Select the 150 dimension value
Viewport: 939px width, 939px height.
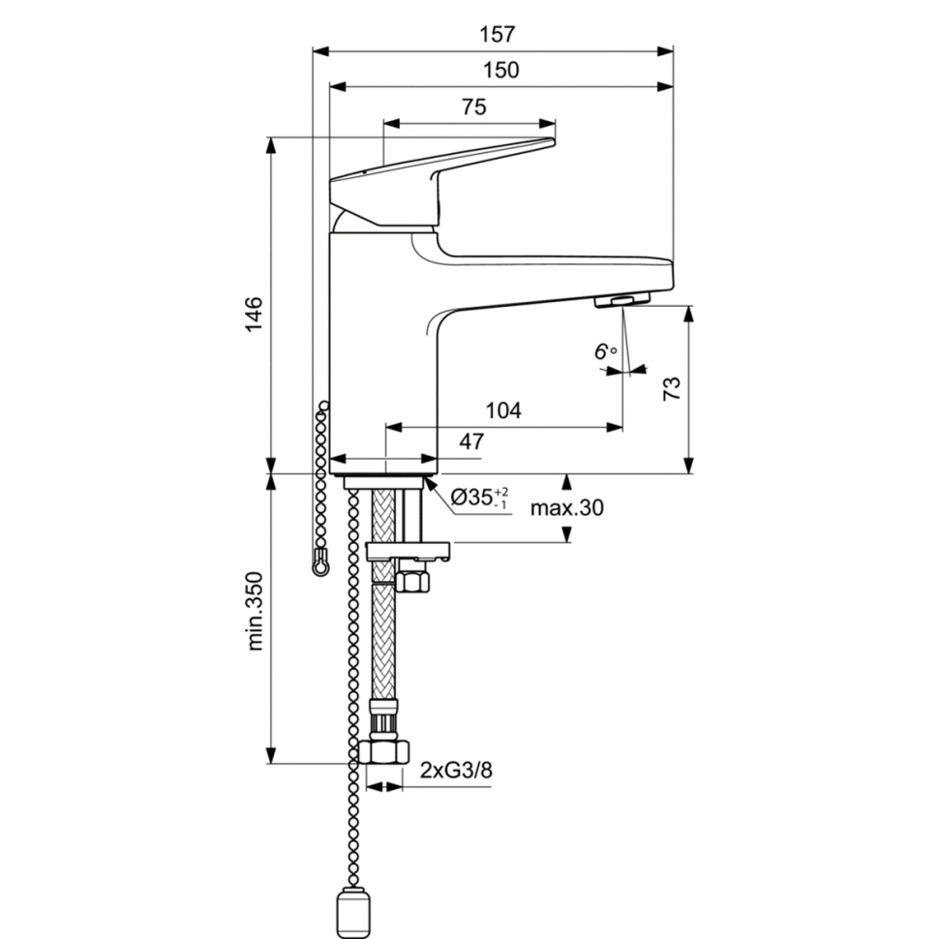click(x=500, y=71)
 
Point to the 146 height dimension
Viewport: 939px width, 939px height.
click(x=253, y=315)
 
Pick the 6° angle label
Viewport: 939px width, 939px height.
click(x=606, y=351)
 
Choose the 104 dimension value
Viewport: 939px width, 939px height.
click(x=503, y=410)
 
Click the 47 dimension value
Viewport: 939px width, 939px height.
click(x=471, y=441)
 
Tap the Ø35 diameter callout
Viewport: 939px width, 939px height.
click(x=480, y=499)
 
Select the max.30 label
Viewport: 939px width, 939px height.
click(x=566, y=509)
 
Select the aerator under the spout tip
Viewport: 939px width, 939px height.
click(x=620, y=300)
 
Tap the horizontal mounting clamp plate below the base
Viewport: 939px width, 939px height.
click(x=408, y=552)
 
